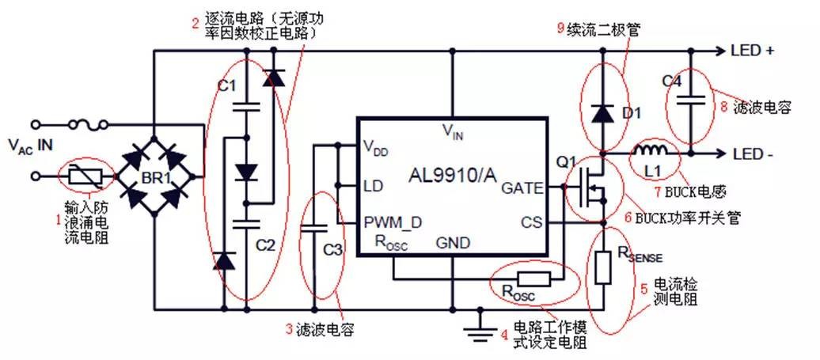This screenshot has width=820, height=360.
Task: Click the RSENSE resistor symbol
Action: click(603, 269)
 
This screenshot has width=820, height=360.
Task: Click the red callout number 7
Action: click(633, 190)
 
